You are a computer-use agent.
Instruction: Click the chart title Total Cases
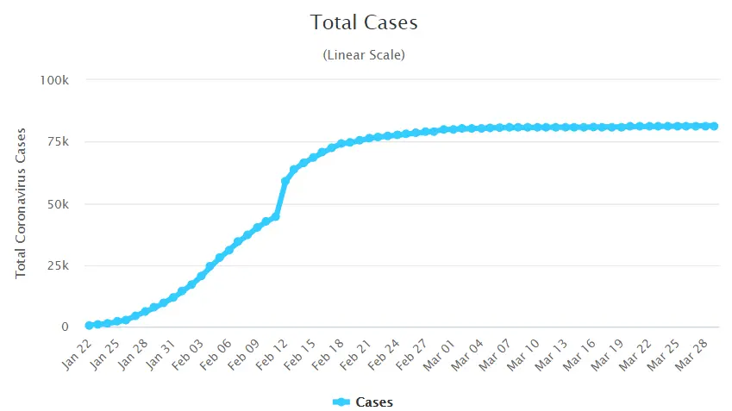[x=364, y=22]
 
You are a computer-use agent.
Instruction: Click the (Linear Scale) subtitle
[x=364, y=55]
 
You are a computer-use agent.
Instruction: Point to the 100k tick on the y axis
[x=53, y=80]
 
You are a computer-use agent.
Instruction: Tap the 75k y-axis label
[x=58, y=142]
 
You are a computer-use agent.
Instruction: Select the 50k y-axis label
[x=58, y=204]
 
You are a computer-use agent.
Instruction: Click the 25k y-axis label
[x=58, y=265]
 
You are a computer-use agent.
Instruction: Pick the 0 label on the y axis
[x=65, y=327]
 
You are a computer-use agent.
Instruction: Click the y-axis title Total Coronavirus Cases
[x=22, y=203]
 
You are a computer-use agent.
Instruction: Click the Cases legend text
[x=374, y=402]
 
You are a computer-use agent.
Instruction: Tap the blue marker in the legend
[x=341, y=402]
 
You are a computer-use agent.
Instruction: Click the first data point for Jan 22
[x=89, y=326]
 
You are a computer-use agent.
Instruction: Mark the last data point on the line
[x=714, y=126]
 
